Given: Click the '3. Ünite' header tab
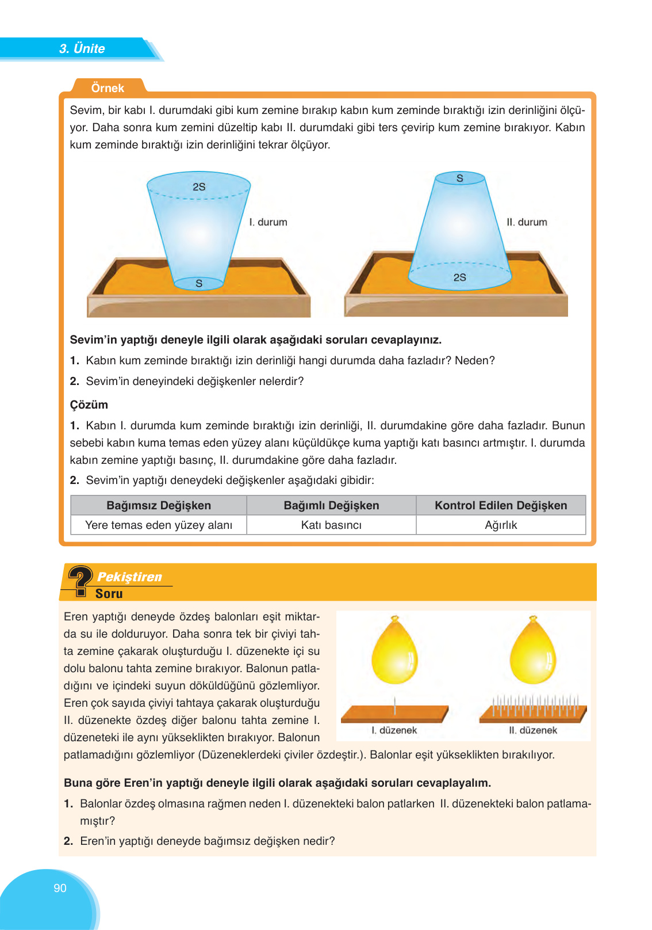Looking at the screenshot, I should (x=82, y=49).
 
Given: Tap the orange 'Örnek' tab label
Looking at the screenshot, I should (x=108, y=88).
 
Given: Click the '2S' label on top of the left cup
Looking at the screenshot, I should (x=199, y=187).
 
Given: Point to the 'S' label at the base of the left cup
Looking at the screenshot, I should (x=199, y=283).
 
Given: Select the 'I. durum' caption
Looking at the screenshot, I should (x=268, y=222).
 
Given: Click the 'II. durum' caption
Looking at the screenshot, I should (x=527, y=222).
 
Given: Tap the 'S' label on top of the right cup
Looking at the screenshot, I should (x=459, y=178).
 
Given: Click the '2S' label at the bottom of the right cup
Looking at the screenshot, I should (x=459, y=277).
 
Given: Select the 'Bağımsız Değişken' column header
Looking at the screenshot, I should (x=159, y=505).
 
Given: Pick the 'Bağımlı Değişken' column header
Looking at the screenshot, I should (x=331, y=505).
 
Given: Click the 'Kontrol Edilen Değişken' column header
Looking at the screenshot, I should (x=501, y=505).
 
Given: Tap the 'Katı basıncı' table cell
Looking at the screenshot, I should (x=331, y=525).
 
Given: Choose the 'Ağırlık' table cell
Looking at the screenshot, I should (x=501, y=525).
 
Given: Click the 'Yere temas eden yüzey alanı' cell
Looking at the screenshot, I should (x=159, y=525).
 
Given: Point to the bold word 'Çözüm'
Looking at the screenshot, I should (x=89, y=405).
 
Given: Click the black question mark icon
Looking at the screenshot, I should (x=80, y=580).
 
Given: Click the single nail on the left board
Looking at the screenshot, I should (x=395, y=705).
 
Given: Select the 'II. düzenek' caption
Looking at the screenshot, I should (x=533, y=730).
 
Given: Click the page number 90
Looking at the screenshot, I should (x=60, y=888).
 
